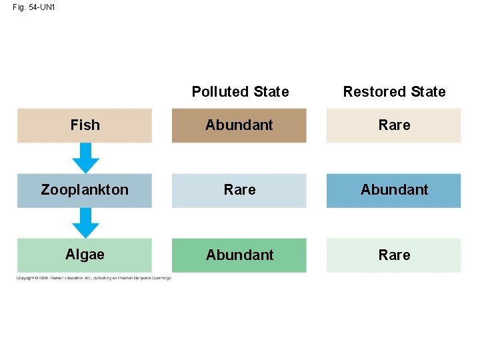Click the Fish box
pos(85,125)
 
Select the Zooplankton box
pos(85,190)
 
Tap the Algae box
pos(85,255)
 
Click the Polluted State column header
pos(240,92)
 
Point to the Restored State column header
pos(394,92)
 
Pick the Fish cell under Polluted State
pos(239,125)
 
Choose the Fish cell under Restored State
pos(394,125)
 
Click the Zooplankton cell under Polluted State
pos(239,190)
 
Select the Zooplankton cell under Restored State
pos(394,190)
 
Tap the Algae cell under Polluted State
pos(239,255)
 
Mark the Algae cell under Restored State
pos(394,255)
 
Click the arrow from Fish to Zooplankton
pos(85,159)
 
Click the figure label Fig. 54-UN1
pos(33,8)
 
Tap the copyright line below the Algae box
pos(93,278)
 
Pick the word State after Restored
pos(428,92)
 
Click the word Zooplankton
pos(85,190)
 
